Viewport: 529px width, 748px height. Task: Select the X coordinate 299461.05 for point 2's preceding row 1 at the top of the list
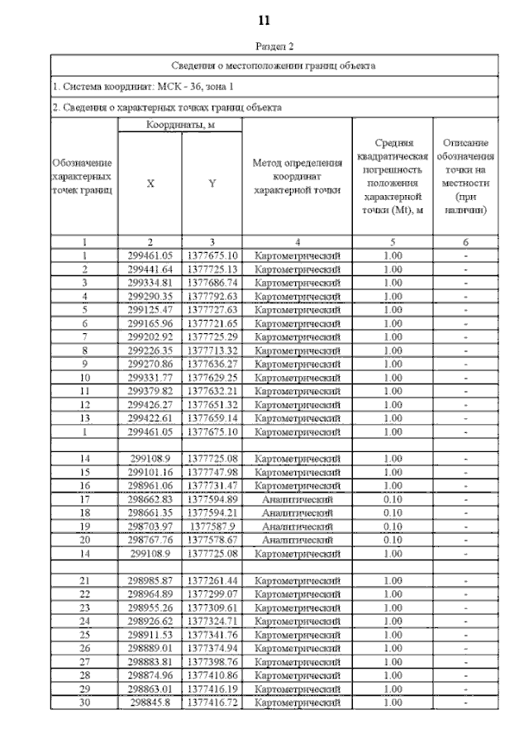150,256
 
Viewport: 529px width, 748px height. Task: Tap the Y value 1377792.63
212,296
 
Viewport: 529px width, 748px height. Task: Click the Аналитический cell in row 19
297,526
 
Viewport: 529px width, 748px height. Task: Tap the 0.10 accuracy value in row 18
393,513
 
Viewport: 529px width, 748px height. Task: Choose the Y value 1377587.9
212,526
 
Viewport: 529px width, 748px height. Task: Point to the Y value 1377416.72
212,703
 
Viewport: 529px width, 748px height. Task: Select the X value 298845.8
150,703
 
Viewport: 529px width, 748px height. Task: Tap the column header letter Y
212,184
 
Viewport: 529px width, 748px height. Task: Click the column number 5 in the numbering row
393,243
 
